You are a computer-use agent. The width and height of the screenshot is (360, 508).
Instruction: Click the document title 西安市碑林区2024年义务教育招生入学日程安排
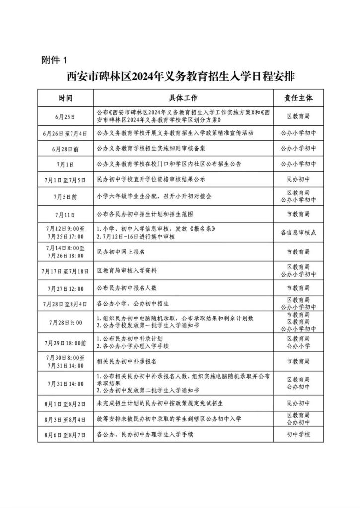[x=180, y=77]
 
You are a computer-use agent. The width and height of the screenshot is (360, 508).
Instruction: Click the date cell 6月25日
[x=65, y=116]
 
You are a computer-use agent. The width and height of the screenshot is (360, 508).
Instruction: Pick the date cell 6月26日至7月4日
[x=65, y=134]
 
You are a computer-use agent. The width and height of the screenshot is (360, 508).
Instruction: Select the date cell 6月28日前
[x=65, y=149]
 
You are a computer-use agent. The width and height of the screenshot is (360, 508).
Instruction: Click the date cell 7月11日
[x=65, y=215]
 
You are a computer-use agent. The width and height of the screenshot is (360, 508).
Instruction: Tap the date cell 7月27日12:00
[x=65, y=288]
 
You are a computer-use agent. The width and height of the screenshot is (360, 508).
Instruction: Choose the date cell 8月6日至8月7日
[x=65, y=435]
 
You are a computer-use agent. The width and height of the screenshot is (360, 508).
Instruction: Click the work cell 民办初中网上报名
[x=120, y=252]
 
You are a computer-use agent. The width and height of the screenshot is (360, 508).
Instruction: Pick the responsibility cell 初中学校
[x=298, y=435]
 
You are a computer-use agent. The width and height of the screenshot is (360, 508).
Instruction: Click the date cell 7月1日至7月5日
[x=65, y=179]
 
